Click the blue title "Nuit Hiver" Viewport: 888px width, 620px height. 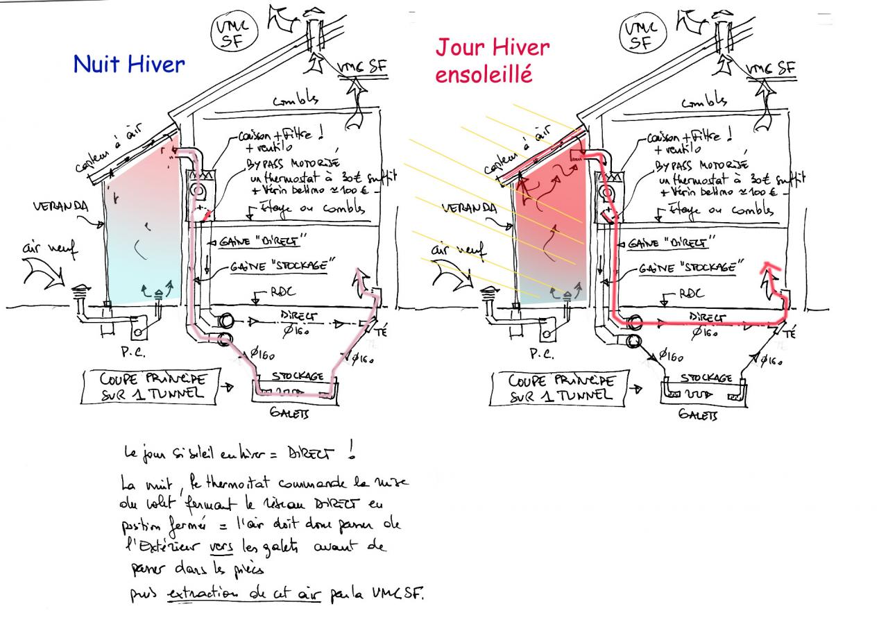tap(129, 65)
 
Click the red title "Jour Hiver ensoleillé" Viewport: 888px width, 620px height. tap(492, 60)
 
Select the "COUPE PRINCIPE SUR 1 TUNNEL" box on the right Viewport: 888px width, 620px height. tap(561, 389)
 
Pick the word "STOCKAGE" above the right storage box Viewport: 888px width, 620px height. tap(706, 378)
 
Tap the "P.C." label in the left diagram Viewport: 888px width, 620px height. tap(133, 351)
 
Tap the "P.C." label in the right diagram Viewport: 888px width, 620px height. tap(542, 353)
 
